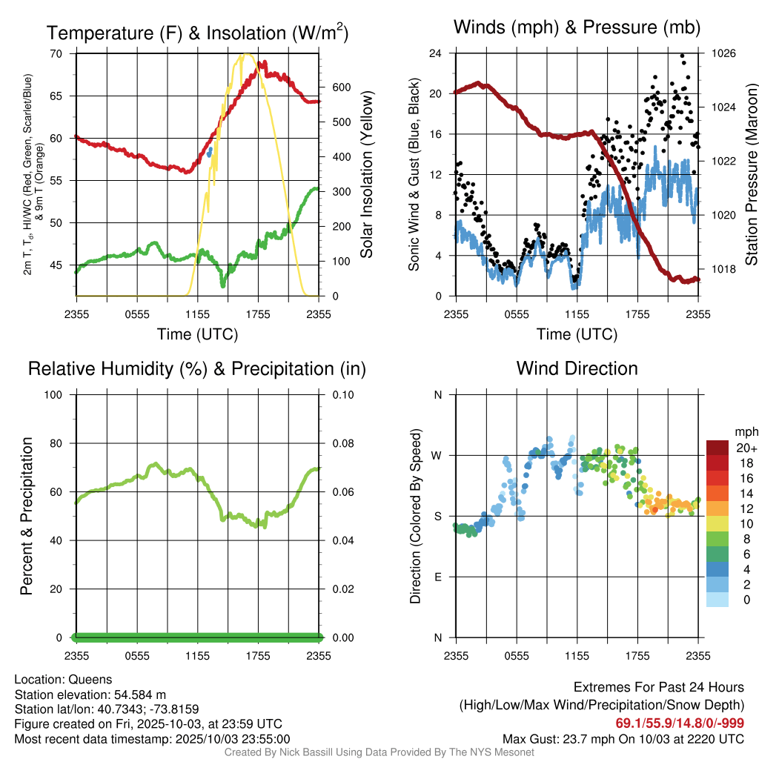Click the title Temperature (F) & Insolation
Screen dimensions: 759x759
[197, 33]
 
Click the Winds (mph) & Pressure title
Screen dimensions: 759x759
[577, 27]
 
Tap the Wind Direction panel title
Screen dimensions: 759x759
[577, 368]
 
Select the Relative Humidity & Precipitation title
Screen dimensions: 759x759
[197, 368]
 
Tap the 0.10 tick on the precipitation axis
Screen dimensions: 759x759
[342, 394]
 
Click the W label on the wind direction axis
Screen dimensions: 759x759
[438, 455]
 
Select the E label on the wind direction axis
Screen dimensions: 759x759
[438, 577]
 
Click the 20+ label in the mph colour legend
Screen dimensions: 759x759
[746, 448]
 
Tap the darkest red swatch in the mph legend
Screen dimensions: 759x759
[717, 448]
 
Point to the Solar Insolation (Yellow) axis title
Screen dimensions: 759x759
[367, 175]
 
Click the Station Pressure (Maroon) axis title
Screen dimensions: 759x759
[751, 175]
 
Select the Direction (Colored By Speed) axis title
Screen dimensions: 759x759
[415, 516]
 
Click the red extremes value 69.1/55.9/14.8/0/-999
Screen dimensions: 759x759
[680, 723]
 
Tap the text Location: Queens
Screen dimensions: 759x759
[63, 679]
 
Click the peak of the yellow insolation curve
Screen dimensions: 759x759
[246, 54]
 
